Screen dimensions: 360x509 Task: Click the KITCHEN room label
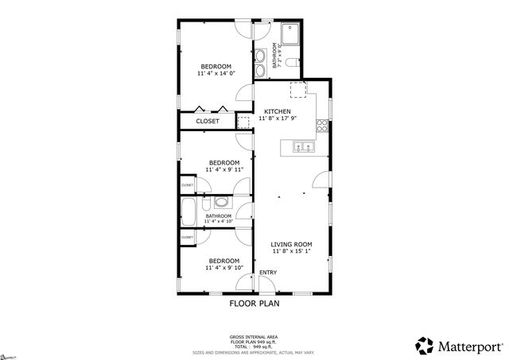[x=278, y=111]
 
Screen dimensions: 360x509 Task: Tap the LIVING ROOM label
[x=291, y=244]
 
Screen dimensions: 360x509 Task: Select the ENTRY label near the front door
[x=268, y=273]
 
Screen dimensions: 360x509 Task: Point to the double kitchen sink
[x=303, y=146]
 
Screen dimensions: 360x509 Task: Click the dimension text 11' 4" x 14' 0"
[x=216, y=73]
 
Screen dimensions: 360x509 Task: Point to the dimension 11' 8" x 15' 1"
[x=291, y=252]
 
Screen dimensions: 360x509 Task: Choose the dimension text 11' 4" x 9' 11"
[x=223, y=169]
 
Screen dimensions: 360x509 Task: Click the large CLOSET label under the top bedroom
[x=208, y=122]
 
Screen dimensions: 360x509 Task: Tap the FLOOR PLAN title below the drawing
[x=254, y=303]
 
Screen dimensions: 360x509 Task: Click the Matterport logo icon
[x=424, y=346]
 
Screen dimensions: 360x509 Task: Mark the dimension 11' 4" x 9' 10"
[x=223, y=268]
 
